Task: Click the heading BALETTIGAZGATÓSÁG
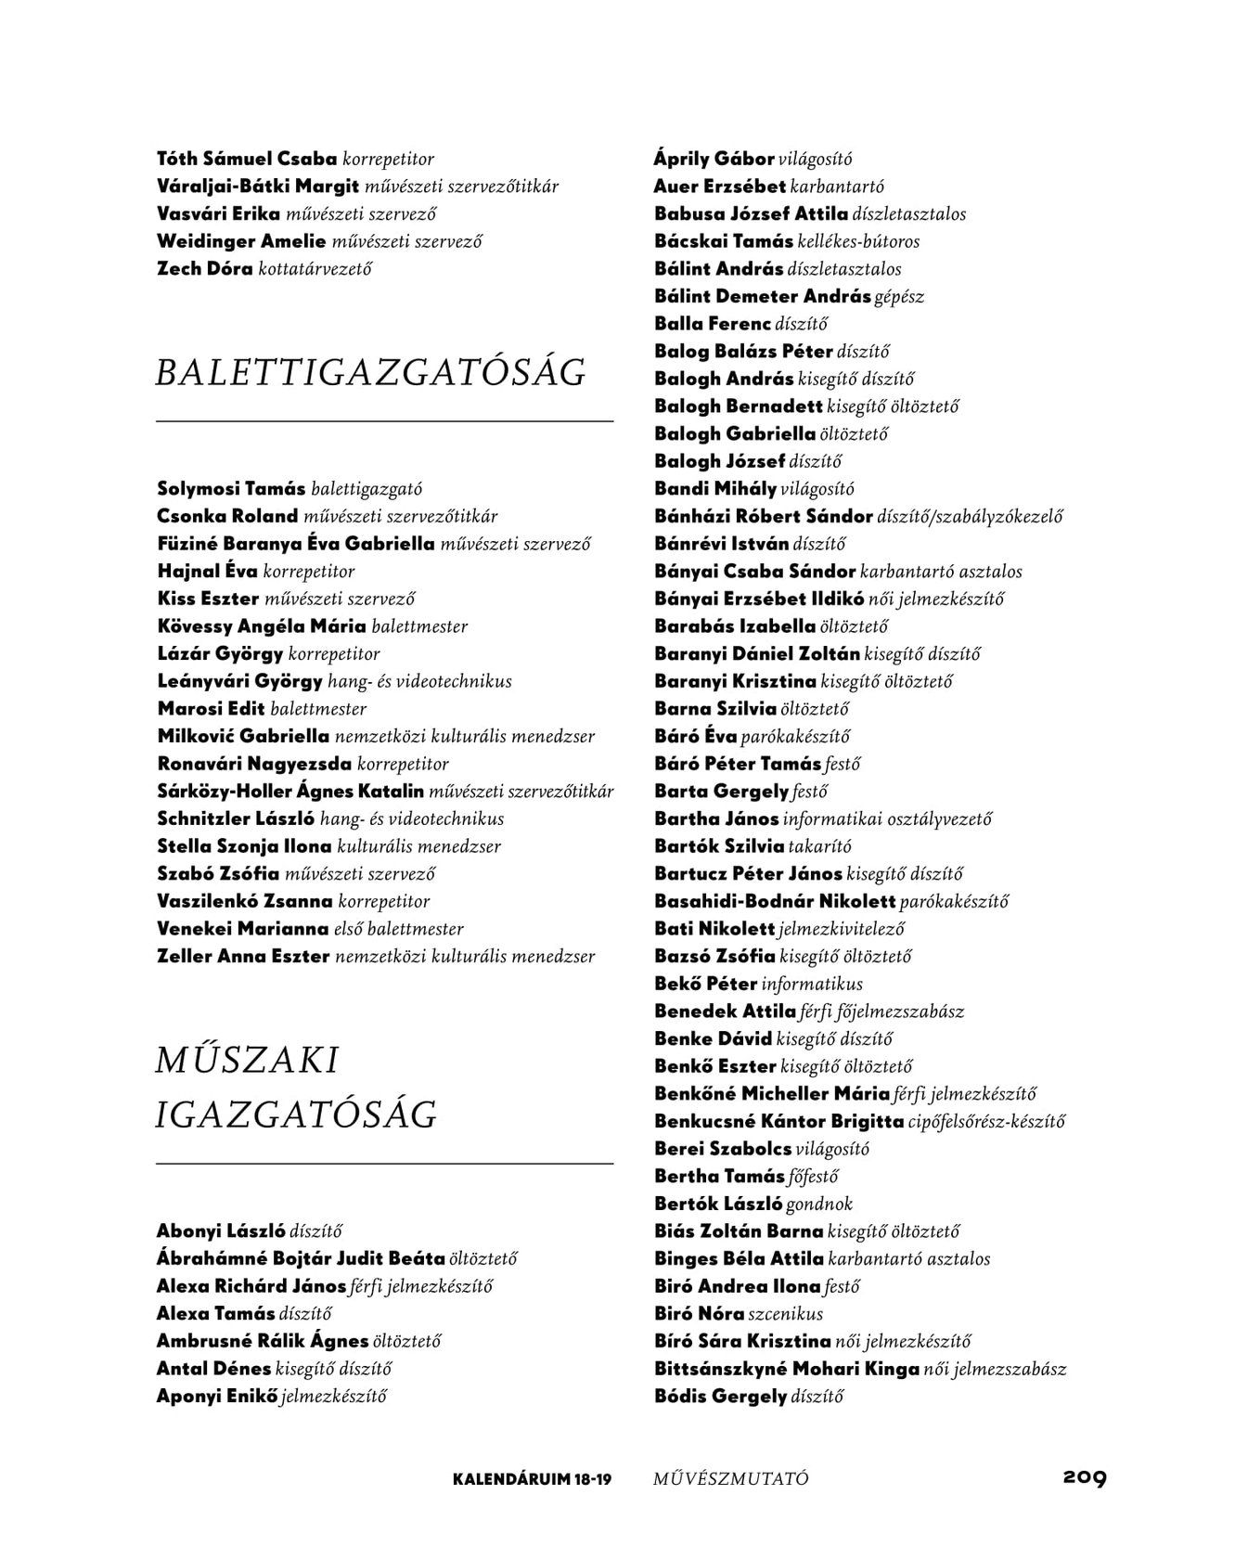[370, 373]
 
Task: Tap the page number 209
[1084, 1476]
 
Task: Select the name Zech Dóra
[204, 269]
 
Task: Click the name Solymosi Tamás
[231, 489]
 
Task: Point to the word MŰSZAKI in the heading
[247, 1061]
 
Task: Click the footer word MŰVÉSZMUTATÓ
[730, 1478]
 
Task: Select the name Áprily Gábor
[714, 160]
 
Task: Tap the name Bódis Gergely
[720, 1397]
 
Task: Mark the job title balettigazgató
[367, 489]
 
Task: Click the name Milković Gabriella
[243, 737]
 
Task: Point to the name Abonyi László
[221, 1231]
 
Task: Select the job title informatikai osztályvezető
[887, 819]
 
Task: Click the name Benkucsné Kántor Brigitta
[778, 1122]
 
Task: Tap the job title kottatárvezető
[315, 269]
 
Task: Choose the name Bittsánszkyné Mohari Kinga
[786, 1369]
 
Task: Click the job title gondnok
[818, 1205]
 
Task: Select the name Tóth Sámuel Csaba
[247, 160]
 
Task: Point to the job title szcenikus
[785, 1314]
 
